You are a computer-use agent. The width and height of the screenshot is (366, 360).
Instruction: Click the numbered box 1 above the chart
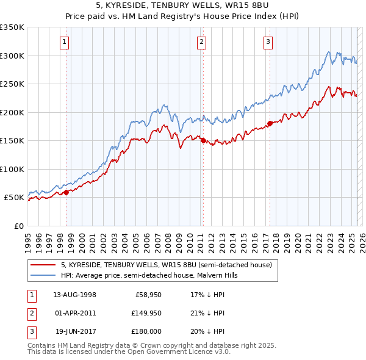[64, 42]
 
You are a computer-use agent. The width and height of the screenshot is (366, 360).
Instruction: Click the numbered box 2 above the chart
[201, 42]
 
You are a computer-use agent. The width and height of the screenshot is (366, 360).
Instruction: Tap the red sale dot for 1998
[66, 193]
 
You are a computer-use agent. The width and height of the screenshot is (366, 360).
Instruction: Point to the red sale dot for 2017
[270, 124]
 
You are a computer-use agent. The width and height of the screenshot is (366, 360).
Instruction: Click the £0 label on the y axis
[18, 226]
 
